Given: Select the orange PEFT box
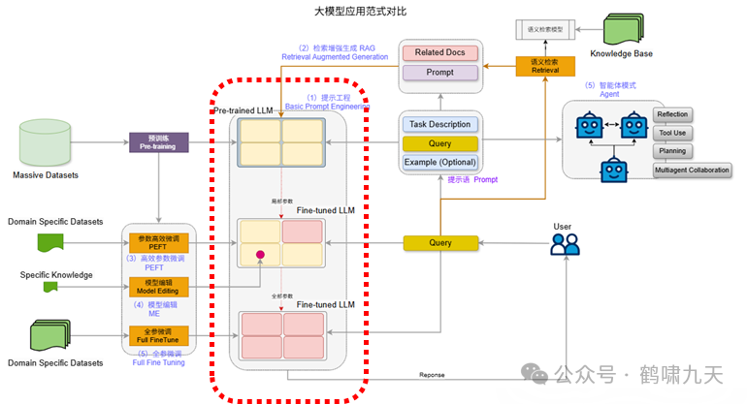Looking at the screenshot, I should tap(152, 241).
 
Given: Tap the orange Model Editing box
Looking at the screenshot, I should tap(152, 287).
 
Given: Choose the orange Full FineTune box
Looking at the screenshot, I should tap(152, 336).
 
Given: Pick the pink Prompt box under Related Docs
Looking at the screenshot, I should tap(439, 73).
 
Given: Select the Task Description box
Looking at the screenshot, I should tap(439, 124).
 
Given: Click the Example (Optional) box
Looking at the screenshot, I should tap(439, 161).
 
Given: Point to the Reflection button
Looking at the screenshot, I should tap(672, 114).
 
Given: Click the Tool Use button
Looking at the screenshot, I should tap(672, 133).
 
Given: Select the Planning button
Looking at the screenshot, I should tap(672, 151).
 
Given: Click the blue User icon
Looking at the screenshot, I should tap(564, 243).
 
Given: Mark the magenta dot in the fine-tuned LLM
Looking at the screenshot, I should tap(260, 256).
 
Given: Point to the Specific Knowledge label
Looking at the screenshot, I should tap(56, 275).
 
